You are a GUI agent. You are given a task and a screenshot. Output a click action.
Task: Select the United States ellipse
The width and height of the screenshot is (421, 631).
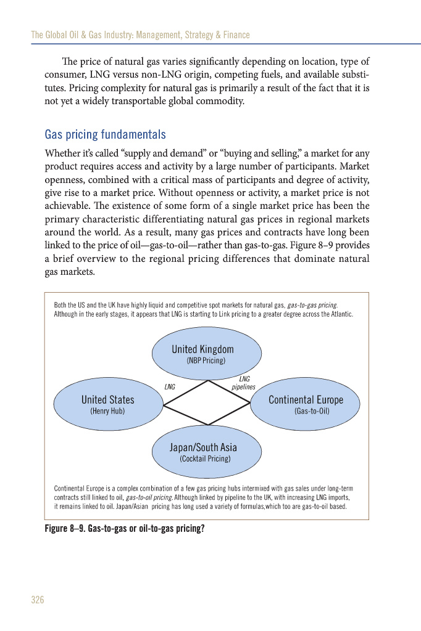tap(108, 404)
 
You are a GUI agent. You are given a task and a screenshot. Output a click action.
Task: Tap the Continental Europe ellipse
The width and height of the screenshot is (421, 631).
tap(305, 404)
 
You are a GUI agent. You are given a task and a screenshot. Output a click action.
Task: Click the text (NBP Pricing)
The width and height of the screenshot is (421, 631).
tap(206, 360)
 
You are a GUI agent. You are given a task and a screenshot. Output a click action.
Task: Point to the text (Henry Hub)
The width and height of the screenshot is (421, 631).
tap(107, 410)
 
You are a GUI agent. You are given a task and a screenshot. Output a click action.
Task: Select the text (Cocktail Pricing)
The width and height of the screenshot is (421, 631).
tap(205, 459)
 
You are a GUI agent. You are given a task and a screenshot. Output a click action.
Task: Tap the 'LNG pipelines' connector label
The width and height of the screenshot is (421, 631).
tap(243, 383)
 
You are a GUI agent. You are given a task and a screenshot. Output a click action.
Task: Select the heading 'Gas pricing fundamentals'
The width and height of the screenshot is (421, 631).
tap(105, 134)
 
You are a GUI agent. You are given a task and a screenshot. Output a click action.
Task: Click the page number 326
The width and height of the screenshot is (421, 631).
tap(38, 600)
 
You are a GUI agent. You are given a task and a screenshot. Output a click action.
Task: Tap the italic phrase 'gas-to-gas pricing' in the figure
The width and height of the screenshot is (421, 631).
tap(313, 306)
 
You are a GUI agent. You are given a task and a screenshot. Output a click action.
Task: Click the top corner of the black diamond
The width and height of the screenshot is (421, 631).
tap(208, 380)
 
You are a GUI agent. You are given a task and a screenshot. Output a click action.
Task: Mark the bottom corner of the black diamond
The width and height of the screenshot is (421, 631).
tap(208, 425)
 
